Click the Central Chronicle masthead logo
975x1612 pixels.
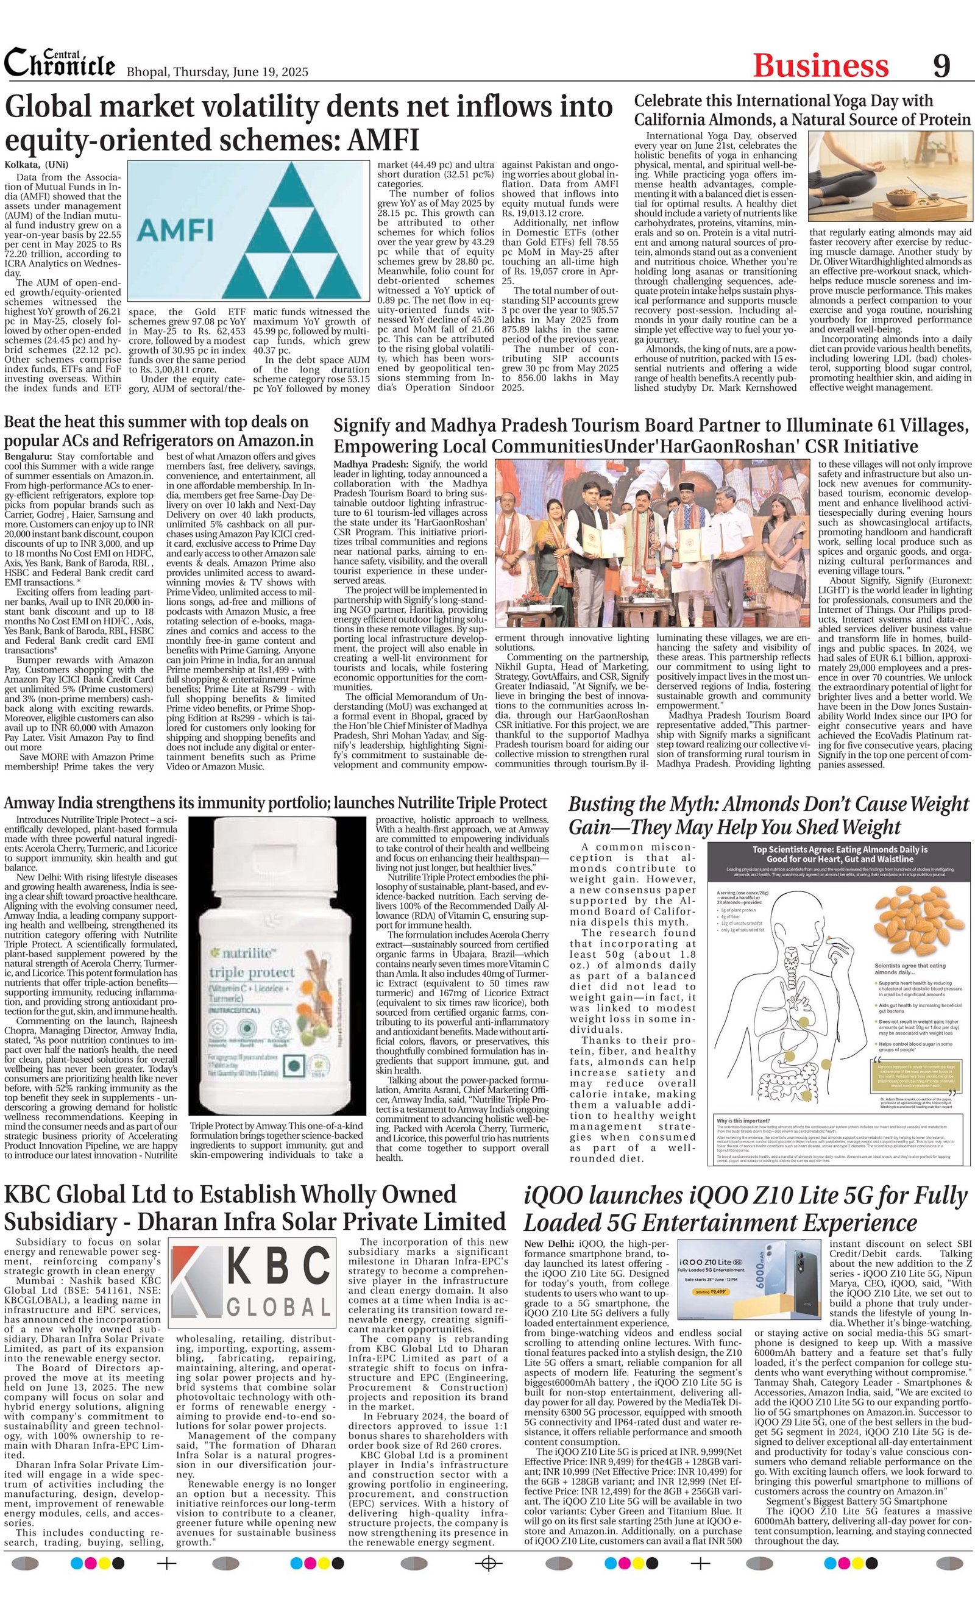click(x=60, y=63)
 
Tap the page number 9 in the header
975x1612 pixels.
click(x=941, y=65)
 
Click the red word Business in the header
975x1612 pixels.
click(x=820, y=66)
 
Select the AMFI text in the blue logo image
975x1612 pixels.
click(x=177, y=230)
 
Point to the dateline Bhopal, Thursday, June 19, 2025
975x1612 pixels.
click(x=216, y=72)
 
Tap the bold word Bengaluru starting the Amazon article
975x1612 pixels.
click(x=29, y=456)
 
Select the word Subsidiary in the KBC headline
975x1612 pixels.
click(x=53, y=1221)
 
